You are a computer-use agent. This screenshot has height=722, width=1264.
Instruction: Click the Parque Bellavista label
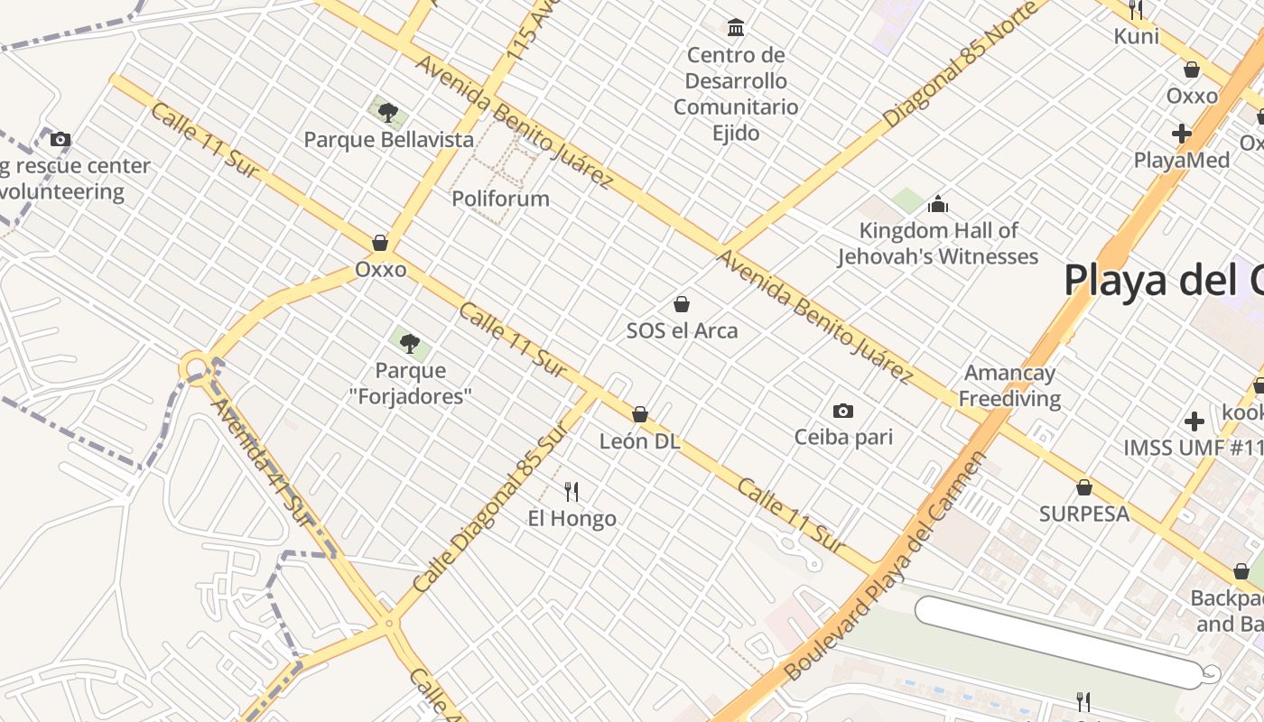coord(388,140)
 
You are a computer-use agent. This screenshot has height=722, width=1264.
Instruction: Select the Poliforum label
coord(500,199)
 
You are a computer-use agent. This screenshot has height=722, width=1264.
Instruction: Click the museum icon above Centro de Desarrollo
coord(736,28)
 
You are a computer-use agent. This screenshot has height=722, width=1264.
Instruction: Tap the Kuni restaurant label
coord(1136,36)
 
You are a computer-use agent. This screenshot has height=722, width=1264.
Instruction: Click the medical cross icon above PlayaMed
coord(1181,134)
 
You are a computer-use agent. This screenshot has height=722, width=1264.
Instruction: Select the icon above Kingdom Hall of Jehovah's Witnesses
coord(938,204)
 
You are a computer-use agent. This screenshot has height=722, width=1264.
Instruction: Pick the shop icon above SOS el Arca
coord(682,304)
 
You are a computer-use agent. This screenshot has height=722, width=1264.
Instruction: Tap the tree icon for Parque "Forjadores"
coord(410,344)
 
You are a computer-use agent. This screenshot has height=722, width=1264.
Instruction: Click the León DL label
coord(639,442)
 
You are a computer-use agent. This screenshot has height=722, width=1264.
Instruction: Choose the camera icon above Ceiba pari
coord(842,412)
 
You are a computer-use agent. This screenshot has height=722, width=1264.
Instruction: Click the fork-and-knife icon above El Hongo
coord(572,492)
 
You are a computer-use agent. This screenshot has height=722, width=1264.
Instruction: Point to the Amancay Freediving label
coord(1009,385)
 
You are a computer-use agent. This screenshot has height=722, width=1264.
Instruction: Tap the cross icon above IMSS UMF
coord(1194,421)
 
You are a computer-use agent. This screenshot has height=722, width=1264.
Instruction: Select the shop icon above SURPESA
coord(1083,488)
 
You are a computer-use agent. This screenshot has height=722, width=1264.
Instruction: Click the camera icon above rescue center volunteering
coord(60,140)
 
